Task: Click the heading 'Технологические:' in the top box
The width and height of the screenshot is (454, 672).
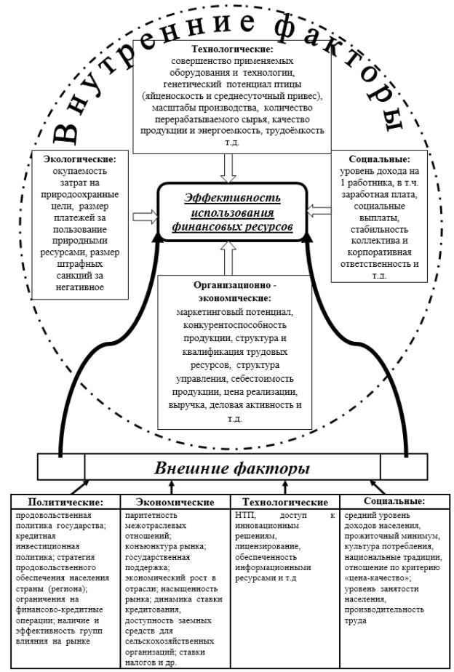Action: click(x=232, y=49)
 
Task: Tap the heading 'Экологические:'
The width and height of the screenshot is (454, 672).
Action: click(x=80, y=159)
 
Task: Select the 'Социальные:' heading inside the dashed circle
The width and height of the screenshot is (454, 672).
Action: click(x=379, y=159)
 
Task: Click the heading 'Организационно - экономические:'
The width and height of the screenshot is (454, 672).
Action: click(x=235, y=292)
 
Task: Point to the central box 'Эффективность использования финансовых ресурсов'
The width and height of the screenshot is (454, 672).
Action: click(x=233, y=212)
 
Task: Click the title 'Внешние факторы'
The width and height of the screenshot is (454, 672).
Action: click(x=232, y=468)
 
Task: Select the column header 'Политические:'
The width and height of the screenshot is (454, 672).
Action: click(x=66, y=502)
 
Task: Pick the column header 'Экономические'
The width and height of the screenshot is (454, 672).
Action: click(x=175, y=502)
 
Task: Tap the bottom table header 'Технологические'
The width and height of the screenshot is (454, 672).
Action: click(x=285, y=502)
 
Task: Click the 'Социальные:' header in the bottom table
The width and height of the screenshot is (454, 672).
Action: click(x=394, y=501)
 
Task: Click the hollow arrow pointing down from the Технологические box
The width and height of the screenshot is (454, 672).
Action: click(x=228, y=169)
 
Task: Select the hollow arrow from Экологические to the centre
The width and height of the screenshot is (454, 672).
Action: click(x=146, y=217)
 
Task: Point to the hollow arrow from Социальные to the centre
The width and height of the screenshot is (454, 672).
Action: click(x=319, y=210)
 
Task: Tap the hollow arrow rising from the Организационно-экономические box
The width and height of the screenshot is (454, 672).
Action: click(x=228, y=258)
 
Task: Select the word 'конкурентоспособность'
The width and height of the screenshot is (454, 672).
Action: click(x=234, y=325)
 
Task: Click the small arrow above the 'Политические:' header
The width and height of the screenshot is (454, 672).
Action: click(x=79, y=487)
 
